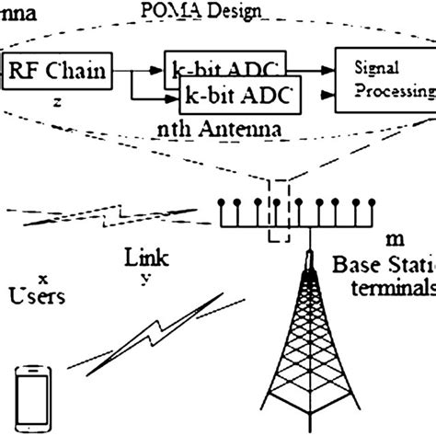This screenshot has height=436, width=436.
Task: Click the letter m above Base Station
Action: point(395,239)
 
